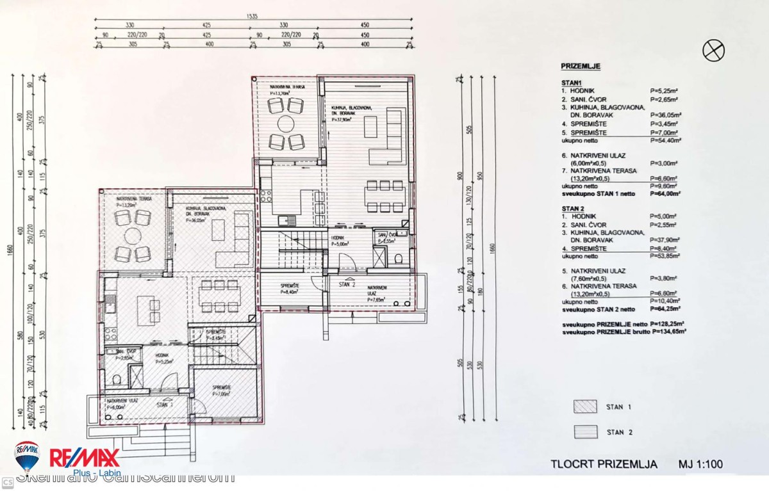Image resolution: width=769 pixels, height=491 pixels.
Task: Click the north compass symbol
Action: point(713,50)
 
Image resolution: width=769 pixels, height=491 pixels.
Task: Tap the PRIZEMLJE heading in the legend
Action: point(580,66)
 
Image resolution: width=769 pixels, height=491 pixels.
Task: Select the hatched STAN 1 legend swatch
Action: point(585,406)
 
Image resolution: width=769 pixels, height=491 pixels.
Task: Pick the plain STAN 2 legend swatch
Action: point(585,432)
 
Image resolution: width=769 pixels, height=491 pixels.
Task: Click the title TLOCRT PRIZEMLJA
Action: point(604,464)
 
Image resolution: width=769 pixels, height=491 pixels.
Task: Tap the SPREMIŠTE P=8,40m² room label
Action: point(291,288)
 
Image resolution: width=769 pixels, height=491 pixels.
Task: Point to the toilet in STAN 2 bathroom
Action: point(398,259)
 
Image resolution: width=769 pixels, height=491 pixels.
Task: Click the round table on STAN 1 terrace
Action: point(133,236)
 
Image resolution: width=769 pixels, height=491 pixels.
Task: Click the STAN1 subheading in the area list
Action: point(571,83)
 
